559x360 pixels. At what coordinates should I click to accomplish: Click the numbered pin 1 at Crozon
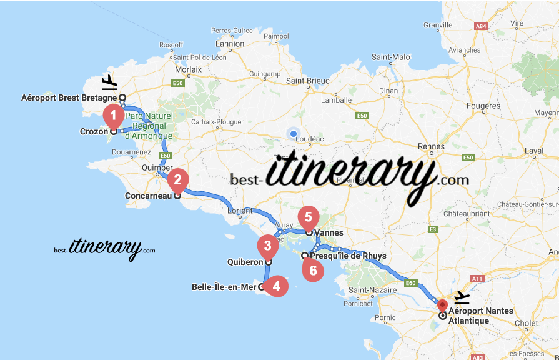point(113,115)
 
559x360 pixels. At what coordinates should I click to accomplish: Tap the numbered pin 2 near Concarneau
point(178,180)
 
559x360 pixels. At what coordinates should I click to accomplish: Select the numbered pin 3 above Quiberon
point(267,245)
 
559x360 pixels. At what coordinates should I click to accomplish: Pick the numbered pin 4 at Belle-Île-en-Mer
point(275,286)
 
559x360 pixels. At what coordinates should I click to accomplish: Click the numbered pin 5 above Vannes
point(308,217)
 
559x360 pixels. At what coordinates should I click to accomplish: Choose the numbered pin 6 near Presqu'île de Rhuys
point(313,270)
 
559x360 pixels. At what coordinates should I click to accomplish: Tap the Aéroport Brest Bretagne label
point(69,97)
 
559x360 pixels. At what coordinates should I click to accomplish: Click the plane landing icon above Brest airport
point(109,82)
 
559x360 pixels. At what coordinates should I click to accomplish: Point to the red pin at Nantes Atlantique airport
point(442,307)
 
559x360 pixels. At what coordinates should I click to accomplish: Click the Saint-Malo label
point(391,57)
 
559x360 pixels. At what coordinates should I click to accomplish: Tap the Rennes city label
point(430,146)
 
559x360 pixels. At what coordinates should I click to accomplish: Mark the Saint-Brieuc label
point(307,80)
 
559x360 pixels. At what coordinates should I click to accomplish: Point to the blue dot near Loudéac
point(293,132)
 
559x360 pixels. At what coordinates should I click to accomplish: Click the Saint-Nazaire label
point(372,290)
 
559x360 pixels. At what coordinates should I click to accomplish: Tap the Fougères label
point(483,106)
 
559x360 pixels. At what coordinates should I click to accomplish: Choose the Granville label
point(437,26)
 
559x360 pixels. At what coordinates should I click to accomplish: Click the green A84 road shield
point(480,26)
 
